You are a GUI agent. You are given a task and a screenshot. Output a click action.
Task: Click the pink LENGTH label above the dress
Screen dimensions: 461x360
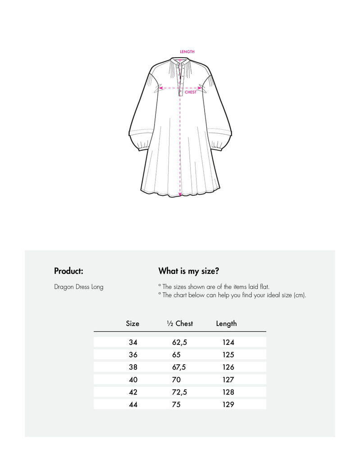point(187,52)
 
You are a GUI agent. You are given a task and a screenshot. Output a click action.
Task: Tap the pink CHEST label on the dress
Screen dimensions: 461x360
point(191,92)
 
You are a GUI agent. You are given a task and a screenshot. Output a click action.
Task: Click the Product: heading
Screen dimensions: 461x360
point(68,271)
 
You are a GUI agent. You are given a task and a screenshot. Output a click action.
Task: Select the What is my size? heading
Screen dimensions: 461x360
point(189,271)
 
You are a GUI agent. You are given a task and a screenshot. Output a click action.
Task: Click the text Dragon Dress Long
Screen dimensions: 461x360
point(79,287)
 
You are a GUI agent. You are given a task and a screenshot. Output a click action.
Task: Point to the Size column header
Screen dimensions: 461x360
point(132,324)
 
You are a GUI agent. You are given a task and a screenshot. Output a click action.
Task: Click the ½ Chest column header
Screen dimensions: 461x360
point(180,324)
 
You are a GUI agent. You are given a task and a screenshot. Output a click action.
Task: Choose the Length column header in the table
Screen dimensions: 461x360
point(226,324)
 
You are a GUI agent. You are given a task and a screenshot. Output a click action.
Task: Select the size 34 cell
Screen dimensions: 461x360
point(133,343)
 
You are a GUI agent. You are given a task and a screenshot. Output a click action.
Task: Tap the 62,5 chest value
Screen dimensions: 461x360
point(179,343)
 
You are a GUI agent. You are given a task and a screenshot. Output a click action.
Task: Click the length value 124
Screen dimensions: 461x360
point(228,343)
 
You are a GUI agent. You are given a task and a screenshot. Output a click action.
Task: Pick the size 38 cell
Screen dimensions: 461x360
point(133,367)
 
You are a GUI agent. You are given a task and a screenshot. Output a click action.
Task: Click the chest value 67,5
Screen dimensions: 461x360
point(179,367)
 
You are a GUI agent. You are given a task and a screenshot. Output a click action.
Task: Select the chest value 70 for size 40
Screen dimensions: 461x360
point(176,380)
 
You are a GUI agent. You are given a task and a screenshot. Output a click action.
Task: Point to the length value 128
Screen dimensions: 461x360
point(228,392)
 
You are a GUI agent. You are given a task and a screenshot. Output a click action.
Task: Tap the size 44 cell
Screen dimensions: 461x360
point(133,405)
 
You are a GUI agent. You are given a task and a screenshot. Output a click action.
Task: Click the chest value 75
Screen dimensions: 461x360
point(176,405)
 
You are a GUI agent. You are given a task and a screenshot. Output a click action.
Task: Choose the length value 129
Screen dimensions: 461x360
point(228,405)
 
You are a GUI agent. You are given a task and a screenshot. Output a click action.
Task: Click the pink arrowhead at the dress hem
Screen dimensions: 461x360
point(180,194)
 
